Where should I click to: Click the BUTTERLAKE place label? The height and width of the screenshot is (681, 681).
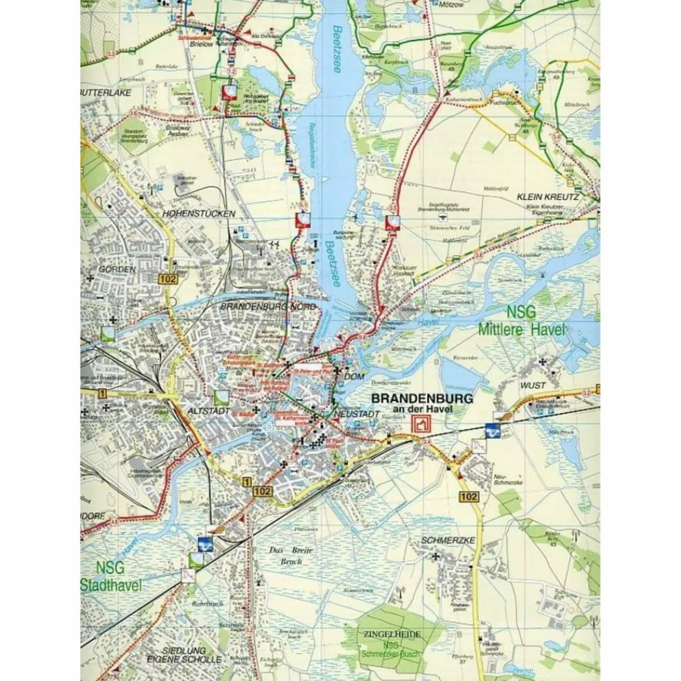(107, 92)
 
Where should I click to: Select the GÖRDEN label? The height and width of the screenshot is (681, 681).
(117, 269)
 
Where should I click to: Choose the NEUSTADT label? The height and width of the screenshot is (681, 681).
(358, 414)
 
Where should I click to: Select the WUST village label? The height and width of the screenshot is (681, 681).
(533, 385)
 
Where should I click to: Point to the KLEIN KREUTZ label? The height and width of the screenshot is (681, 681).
(547, 198)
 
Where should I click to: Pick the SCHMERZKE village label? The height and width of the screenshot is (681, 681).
(448, 540)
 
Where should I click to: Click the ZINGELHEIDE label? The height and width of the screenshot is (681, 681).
(392, 634)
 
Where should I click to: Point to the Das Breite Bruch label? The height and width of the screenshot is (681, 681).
(286, 555)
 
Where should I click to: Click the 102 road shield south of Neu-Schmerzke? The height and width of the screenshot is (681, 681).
(468, 497)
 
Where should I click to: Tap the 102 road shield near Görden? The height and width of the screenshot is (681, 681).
(168, 279)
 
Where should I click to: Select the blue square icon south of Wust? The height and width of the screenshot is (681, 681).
(493, 431)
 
